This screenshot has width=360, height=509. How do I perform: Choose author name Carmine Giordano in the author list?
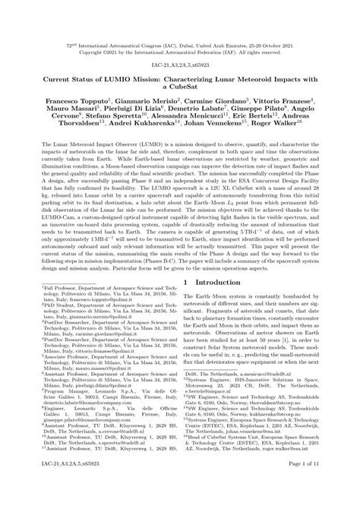click(x=215, y=101)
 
